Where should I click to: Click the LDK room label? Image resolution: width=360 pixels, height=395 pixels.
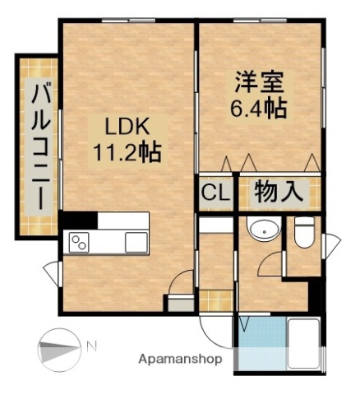(x=126, y=126)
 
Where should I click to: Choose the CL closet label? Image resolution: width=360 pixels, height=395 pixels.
(x=215, y=194)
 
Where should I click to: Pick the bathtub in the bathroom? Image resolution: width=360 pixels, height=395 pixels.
(x=305, y=344)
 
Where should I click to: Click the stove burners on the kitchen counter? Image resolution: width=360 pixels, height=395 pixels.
(x=80, y=243)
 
